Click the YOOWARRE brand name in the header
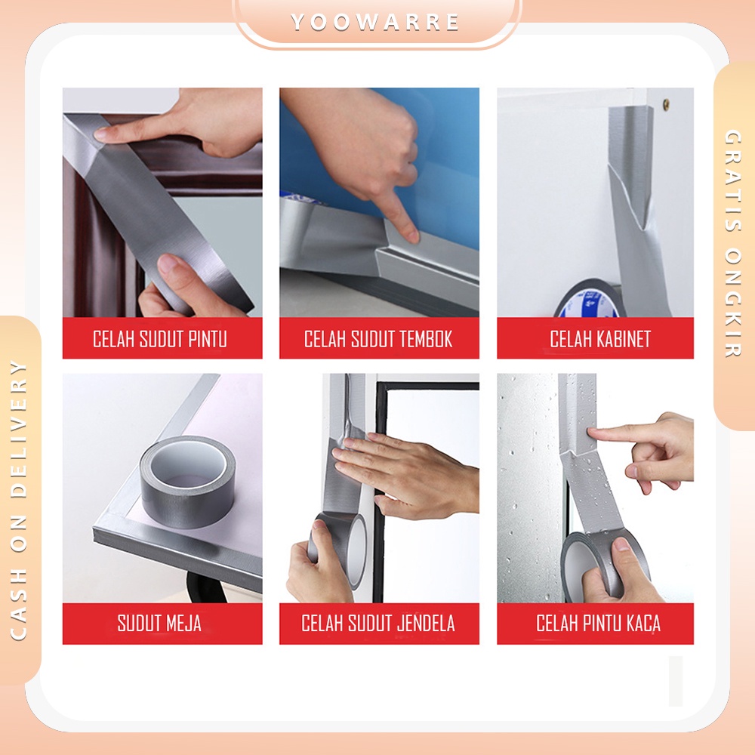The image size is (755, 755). pyautogui.click(x=375, y=22)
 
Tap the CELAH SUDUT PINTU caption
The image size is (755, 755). pyautogui.click(x=160, y=339)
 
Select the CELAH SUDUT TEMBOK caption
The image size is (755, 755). pyautogui.click(x=378, y=339)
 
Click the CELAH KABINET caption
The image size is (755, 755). pyautogui.click(x=600, y=339)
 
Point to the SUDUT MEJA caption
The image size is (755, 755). pyautogui.click(x=159, y=623)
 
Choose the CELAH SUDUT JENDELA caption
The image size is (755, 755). pyautogui.click(x=378, y=623)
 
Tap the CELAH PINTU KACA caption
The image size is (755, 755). pyautogui.click(x=598, y=623)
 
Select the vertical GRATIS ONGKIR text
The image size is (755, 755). pyautogui.click(x=733, y=243)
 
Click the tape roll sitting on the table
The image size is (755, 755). pyautogui.click(x=188, y=482)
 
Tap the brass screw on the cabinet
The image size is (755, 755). pyautogui.click(x=666, y=103)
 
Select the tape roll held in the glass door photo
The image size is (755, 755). pyautogui.click(x=605, y=564)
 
